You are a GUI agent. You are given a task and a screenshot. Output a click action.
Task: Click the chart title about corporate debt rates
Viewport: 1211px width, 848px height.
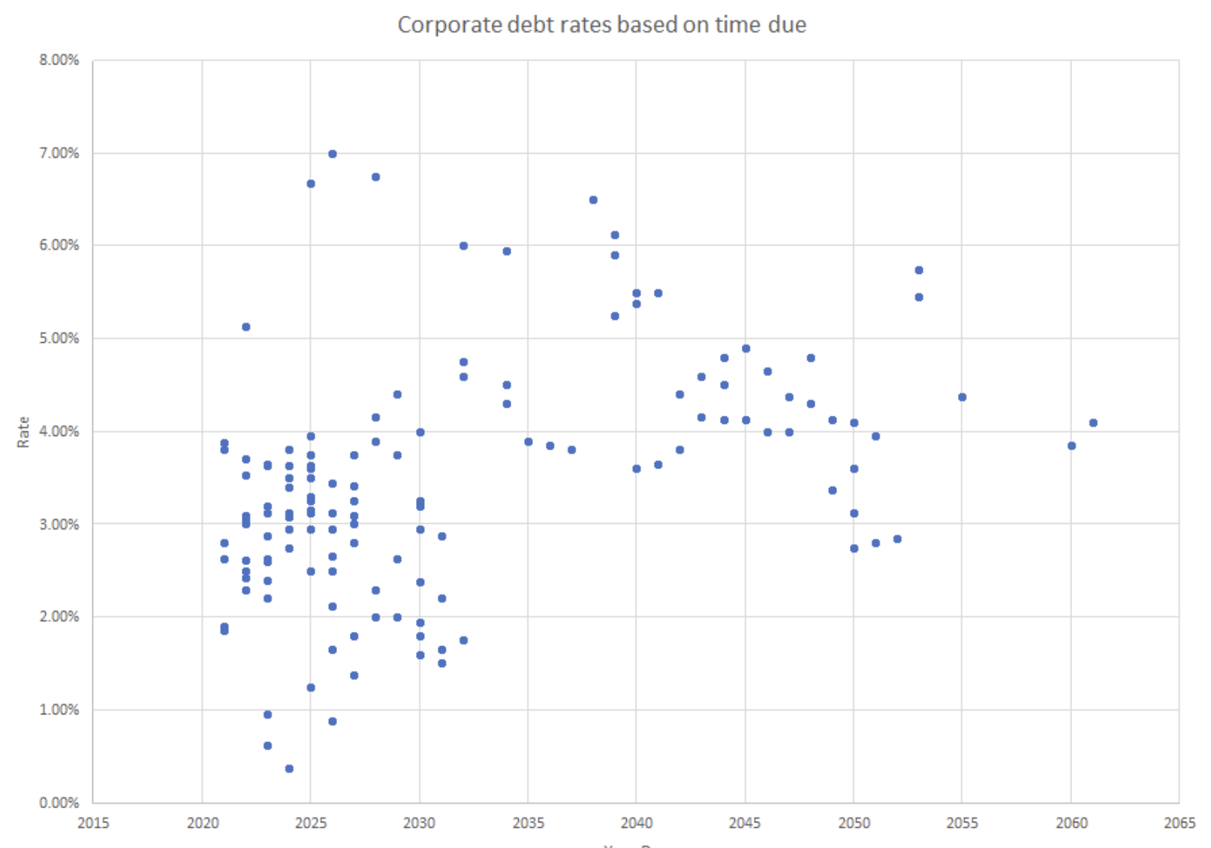coord(601,25)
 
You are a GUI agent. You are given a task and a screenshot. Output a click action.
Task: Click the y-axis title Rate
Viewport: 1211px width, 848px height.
coord(23,432)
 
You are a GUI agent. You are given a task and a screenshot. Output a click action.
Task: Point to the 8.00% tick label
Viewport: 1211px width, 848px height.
coord(59,60)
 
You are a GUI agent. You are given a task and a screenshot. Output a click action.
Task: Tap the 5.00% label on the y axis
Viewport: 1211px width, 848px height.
coord(59,338)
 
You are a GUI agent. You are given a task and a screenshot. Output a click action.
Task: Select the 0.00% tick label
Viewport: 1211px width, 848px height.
coord(59,803)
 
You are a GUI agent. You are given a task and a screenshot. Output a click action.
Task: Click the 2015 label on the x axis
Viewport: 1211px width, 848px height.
coord(93,823)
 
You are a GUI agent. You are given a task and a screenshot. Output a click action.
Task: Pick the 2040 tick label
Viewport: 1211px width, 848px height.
coord(636,823)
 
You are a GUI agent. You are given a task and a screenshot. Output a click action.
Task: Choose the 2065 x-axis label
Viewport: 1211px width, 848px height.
coord(1179,823)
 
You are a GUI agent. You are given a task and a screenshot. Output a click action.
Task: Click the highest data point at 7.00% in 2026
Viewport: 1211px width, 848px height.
coord(333,154)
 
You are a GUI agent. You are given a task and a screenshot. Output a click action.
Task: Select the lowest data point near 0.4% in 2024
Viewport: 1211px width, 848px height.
coord(289,768)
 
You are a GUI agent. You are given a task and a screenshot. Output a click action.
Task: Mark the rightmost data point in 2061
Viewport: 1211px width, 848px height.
coord(1093,422)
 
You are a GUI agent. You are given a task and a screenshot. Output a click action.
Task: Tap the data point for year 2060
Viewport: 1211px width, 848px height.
coord(1071,446)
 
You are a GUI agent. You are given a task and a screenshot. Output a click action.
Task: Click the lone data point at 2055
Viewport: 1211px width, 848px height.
coord(962,397)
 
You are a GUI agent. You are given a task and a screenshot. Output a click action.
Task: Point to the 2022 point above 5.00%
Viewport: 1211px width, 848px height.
coord(246,326)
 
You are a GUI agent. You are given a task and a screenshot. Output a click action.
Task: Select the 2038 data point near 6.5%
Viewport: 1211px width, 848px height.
coord(593,200)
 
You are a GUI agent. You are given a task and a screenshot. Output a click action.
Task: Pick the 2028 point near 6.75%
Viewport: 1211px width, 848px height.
coord(376,177)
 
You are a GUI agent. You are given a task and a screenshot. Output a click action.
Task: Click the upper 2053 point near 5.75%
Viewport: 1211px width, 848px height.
coord(919,270)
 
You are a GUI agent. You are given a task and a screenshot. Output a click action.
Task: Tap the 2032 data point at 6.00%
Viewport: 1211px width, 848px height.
coord(463,245)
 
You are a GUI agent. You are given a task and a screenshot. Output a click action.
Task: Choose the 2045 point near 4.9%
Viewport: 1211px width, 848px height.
coord(746,348)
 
